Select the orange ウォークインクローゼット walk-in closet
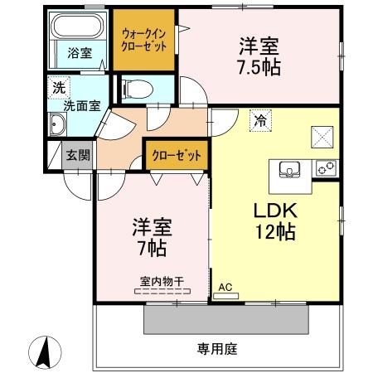[x=144, y=39]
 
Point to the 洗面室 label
[x=83, y=105]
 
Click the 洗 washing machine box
[x=59, y=86]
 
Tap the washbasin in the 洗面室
[x=59, y=126]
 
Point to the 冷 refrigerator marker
[x=259, y=120]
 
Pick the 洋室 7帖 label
[x=151, y=236]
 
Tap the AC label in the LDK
[x=225, y=288]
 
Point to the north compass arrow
[x=46, y=352]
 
